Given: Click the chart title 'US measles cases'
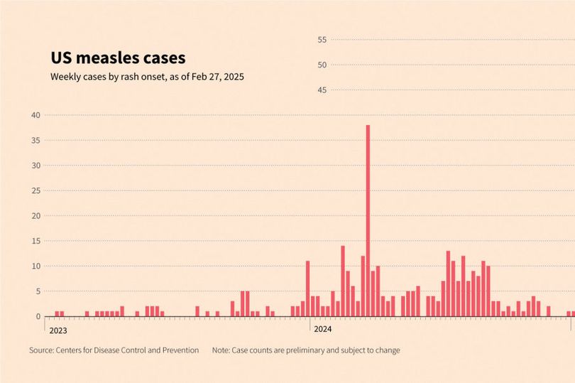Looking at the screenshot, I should tap(117, 58).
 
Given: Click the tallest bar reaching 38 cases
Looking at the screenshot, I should tap(368, 220).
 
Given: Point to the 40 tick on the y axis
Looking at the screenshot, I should tap(36, 115).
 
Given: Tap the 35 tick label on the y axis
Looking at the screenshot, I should tap(36, 140).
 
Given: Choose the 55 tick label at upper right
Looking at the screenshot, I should tap(322, 40).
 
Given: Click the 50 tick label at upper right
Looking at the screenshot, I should tap(322, 65).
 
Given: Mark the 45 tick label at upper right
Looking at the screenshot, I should tap(322, 90).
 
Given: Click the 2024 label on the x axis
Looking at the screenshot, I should tap(322, 329).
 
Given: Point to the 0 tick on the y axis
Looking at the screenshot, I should tap(38, 316).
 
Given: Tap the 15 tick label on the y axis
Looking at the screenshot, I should tap(36, 241).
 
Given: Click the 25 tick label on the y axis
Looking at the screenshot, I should tap(36, 190).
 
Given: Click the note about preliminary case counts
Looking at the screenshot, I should tap(306, 350).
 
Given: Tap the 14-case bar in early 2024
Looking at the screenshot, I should tap(343, 281).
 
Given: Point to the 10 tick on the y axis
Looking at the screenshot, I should tap(36, 266).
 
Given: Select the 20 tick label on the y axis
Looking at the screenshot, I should tap(36, 215).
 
